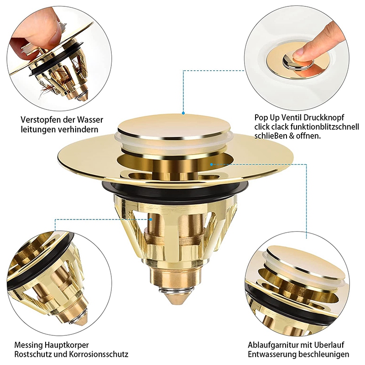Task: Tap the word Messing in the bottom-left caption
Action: (28, 344)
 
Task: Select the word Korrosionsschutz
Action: (100, 354)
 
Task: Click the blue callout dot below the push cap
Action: (182, 113)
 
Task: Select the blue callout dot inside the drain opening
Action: (211, 163)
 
